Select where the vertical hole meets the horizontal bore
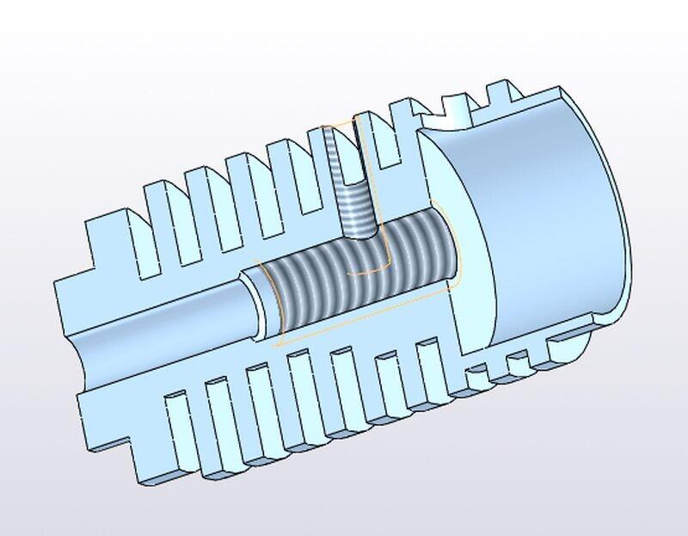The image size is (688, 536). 357,234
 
